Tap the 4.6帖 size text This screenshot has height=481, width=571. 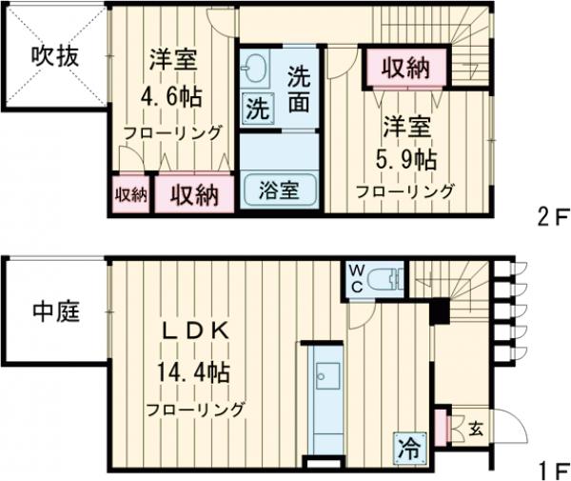tap(170, 99)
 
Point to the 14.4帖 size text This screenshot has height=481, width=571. tap(195, 371)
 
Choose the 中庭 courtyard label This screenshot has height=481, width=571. tap(54, 310)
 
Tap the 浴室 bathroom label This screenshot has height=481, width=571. tap(278, 189)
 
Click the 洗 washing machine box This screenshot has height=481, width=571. tap(257, 107)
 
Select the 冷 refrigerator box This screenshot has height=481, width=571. tap(407, 445)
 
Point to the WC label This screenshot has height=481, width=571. tap(355, 277)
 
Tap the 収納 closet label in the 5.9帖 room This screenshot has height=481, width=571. tap(404, 69)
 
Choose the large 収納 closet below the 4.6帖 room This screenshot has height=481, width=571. tap(195, 194)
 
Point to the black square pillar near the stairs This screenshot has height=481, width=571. tap(439, 311)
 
